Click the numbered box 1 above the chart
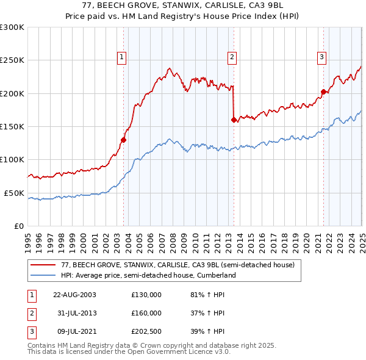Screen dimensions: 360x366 pyautogui.click(x=122, y=58)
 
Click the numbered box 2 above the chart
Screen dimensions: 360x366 pyautogui.click(x=232, y=58)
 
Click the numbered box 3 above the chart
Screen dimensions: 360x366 pyautogui.click(x=321, y=58)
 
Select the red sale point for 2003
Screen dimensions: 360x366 pyautogui.click(x=123, y=140)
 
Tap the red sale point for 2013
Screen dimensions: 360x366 pyautogui.click(x=234, y=120)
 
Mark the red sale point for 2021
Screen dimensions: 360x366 pyautogui.click(x=323, y=92)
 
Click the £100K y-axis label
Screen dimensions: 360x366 pyautogui.click(x=13, y=160)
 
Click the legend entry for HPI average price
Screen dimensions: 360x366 pyautogui.click(x=148, y=276)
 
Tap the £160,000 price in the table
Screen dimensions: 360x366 pyautogui.click(x=146, y=313)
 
